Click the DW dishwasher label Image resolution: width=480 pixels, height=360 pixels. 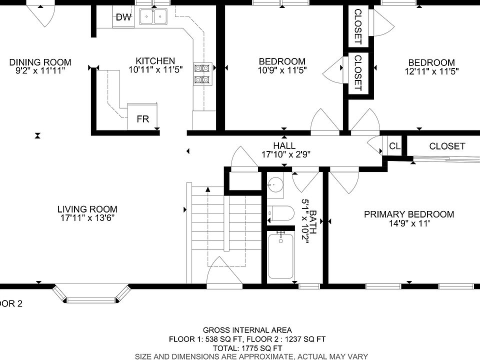(123, 17)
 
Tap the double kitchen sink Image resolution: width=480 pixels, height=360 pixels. (153, 16)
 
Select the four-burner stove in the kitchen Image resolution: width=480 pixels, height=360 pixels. (202, 74)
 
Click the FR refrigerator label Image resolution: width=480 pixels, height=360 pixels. (142, 119)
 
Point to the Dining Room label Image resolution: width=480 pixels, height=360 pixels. (40, 62)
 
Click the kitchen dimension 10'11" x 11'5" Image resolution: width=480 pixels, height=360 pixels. (155, 70)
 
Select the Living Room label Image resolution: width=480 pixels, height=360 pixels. (87, 209)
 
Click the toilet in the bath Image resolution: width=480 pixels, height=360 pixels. (280, 213)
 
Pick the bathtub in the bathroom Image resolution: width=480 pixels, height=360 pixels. (280, 255)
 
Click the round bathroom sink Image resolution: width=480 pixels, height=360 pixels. (275, 184)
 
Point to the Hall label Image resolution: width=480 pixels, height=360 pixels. (284, 145)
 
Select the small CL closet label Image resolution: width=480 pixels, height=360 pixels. (394, 146)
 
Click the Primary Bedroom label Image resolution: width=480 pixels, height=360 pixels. (409, 214)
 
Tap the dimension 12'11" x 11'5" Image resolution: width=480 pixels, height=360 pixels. (431, 71)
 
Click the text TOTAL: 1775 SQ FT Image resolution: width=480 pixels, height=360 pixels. (247, 348)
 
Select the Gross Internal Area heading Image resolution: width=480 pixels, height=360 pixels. (247, 330)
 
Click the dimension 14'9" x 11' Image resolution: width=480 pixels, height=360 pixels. (409, 223)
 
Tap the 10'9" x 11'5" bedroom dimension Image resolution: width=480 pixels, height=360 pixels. (282, 70)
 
